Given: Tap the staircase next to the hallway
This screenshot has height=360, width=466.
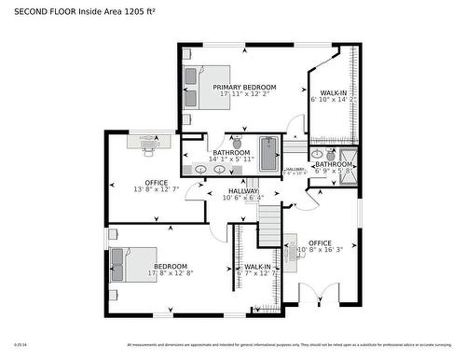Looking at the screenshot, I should (x=268, y=224).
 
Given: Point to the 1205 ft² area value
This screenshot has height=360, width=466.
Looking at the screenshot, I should (x=139, y=11).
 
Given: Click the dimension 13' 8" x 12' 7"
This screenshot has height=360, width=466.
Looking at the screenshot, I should (x=156, y=189).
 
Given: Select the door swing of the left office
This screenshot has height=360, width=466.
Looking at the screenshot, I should (x=193, y=192).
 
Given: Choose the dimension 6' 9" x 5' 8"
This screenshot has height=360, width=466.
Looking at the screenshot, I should (x=334, y=172).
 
